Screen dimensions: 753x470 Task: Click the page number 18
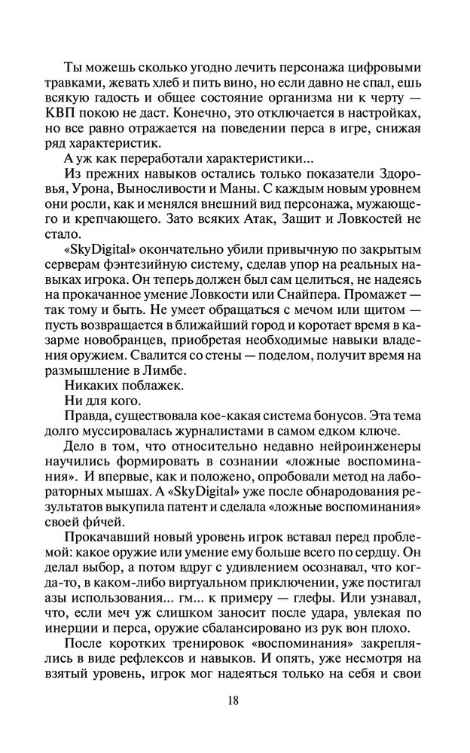pos(233,701)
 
